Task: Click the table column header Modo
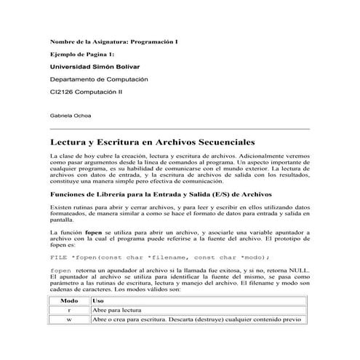(69, 300)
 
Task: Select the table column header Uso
(99, 300)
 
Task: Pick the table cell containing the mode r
(69, 310)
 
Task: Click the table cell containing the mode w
(69, 319)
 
